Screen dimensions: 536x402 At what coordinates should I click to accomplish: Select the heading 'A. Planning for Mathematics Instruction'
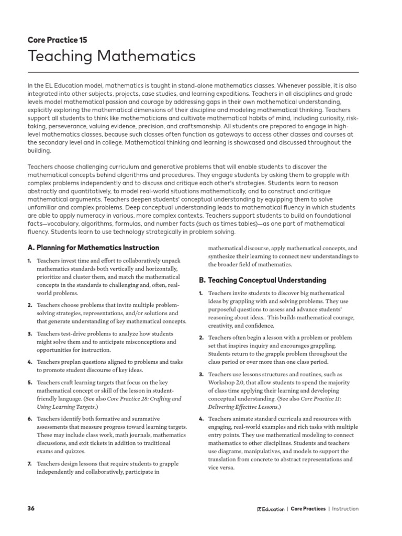pyautogui.click(x=93, y=248)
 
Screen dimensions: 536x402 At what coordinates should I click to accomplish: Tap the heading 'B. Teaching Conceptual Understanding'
pyautogui.click(x=262, y=280)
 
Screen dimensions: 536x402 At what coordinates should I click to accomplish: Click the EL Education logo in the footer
pyautogui.click(x=271, y=509)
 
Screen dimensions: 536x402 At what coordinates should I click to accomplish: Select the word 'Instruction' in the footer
pyautogui.click(x=345, y=509)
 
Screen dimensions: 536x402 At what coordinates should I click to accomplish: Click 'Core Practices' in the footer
pyautogui.click(x=308, y=509)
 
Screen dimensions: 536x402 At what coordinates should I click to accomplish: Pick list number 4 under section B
pyautogui.click(x=201, y=419)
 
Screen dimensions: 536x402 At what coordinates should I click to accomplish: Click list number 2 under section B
pyautogui.click(x=201, y=338)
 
